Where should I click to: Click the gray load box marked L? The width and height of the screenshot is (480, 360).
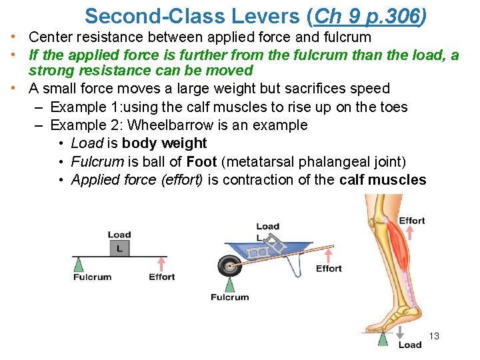pos(119,248)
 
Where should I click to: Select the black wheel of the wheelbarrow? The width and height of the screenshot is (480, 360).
pos(229,266)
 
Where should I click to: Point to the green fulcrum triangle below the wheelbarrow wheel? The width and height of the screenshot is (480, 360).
pos(230,285)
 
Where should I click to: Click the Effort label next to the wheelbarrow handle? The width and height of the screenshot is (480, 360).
pos(329,269)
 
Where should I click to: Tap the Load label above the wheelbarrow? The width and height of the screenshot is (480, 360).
pos(267,227)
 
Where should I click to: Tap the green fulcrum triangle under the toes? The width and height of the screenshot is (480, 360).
pos(384,340)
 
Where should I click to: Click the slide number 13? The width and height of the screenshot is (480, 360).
pos(433,336)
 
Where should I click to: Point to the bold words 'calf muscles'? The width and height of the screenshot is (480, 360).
pos(383,179)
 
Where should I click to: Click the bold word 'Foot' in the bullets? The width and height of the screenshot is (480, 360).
pos(201,161)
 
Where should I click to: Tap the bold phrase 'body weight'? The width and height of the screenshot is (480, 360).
pos(165,143)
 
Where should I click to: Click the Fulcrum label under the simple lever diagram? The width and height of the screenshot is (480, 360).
pos(93,277)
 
